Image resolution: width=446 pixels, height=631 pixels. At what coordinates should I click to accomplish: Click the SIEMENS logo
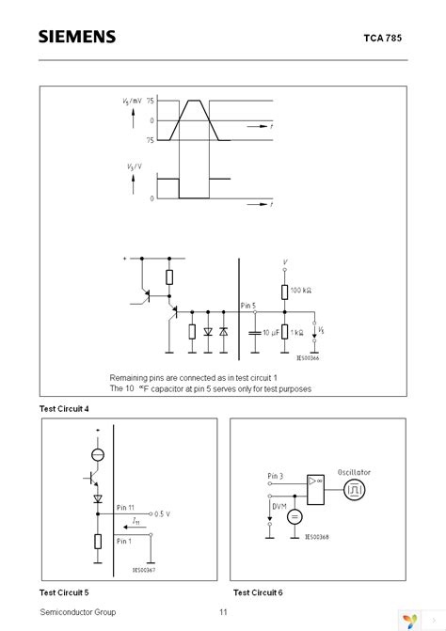[77, 37]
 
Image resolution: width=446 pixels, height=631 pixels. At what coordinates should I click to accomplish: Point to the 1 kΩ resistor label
[300, 332]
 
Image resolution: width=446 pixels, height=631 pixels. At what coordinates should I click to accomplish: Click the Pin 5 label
[247, 304]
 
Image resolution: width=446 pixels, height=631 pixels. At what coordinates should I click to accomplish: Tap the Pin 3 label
[276, 478]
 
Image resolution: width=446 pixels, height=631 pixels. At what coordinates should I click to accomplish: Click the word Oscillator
[357, 472]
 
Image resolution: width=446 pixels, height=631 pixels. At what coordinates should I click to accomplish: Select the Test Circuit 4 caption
[64, 408]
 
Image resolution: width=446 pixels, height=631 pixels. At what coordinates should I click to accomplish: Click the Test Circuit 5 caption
[64, 592]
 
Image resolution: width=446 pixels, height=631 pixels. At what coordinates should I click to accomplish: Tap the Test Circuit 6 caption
[257, 592]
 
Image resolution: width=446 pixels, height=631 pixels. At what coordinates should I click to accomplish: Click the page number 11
[223, 611]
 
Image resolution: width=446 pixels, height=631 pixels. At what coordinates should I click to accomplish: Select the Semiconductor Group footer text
[78, 611]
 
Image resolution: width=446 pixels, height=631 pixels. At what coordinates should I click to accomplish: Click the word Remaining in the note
[130, 375]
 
